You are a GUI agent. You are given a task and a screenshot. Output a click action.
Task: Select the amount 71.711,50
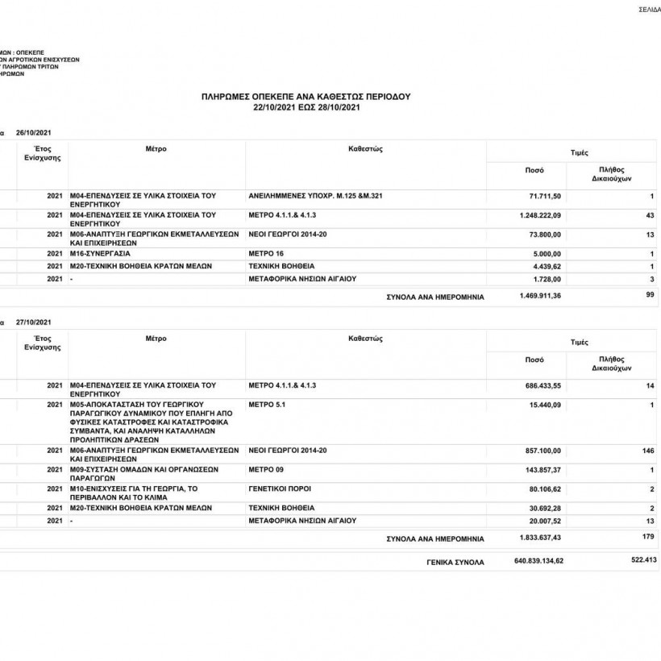545,196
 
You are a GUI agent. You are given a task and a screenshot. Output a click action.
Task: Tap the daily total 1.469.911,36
541,296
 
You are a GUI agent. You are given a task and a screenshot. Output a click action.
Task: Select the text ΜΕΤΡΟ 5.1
267,402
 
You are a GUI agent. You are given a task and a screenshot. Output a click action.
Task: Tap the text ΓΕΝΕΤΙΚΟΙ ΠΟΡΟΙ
280,488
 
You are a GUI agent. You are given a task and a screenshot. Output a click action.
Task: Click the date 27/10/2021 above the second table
33,321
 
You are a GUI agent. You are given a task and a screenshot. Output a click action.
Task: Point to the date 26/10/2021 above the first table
33,131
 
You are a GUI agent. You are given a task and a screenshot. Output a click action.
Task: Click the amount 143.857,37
545,469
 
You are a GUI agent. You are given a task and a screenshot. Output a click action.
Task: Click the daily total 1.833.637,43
541,538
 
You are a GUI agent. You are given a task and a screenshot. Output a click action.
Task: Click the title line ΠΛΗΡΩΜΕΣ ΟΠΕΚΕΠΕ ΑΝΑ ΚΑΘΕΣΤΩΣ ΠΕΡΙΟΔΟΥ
306,96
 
